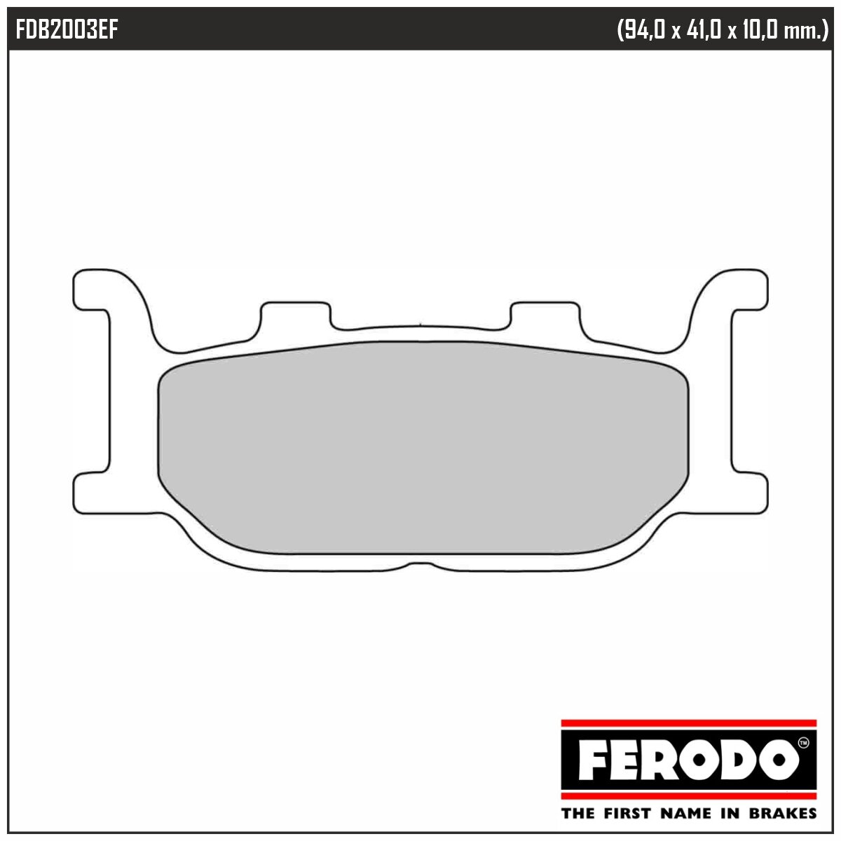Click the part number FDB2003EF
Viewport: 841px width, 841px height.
(67, 30)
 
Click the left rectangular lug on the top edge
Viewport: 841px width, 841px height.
(295, 315)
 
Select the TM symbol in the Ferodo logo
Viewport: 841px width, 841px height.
(802, 742)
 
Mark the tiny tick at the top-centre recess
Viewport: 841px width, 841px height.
(419, 324)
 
